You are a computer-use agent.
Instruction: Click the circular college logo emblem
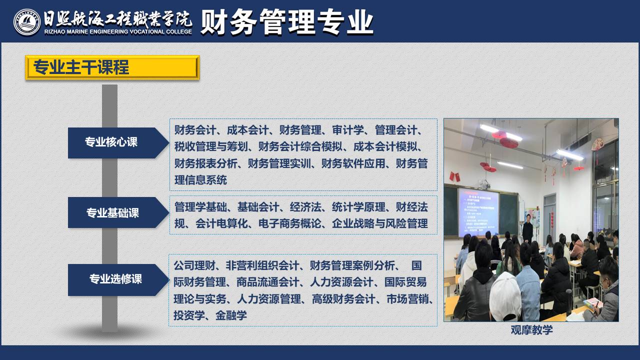(27, 22)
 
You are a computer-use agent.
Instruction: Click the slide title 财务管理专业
(287, 22)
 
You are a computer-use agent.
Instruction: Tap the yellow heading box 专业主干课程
(112, 67)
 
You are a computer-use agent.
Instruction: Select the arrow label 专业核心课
(111, 142)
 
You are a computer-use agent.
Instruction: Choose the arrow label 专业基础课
(112, 213)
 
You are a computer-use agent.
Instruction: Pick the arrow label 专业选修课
(115, 279)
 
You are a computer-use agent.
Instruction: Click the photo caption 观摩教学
(531, 330)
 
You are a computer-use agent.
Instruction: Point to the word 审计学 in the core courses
(347, 130)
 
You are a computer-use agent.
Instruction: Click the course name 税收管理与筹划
(211, 147)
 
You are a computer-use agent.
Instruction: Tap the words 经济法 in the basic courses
(305, 207)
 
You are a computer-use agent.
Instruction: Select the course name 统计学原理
(358, 207)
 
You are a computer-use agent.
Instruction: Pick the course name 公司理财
(194, 265)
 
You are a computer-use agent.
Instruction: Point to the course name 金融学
(231, 315)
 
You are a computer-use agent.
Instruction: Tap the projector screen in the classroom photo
(478, 212)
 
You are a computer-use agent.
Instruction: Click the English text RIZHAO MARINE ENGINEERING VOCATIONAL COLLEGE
(118, 31)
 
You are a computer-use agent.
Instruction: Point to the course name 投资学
(189, 315)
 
